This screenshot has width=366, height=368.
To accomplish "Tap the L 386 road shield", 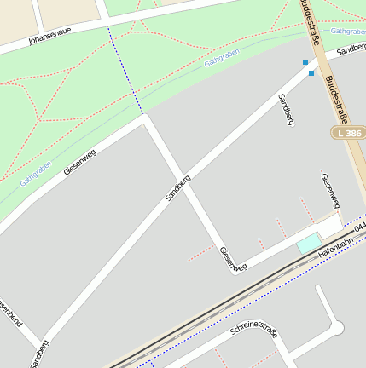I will pyautogui.click(x=348, y=134).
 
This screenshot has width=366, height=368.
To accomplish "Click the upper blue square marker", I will pyautogui.click(x=305, y=62).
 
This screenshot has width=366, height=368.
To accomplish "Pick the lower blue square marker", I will pyautogui.click(x=311, y=73).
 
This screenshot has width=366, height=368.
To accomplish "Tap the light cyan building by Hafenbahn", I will pyautogui.click(x=307, y=244).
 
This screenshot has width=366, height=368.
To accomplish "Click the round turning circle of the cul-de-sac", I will pyautogui.click(x=336, y=328).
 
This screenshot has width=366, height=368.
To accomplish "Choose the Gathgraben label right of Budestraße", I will pyautogui.click(x=348, y=31).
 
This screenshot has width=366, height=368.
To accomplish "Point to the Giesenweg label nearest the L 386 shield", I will pyautogui.click(x=330, y=190).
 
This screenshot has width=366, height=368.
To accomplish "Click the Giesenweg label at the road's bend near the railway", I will pyautogui.click(x=232, y=259).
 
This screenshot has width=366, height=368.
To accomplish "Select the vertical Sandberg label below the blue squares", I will pyautogui.click(x=286, y=110).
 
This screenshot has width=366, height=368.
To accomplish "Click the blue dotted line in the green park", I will pyautogui.click(x=125, y=70).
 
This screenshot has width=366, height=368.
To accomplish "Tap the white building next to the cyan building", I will pyautogui.click(x=329, y=226).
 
